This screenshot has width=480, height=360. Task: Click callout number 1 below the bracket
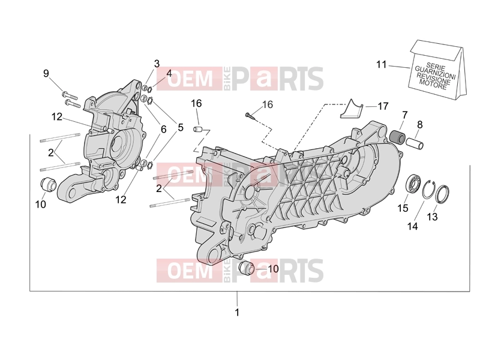[236, 313]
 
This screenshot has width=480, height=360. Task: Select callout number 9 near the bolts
[46, 73]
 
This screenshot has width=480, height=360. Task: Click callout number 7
[404, 116]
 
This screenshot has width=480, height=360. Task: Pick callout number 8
[419, 125]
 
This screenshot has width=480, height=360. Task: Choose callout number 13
[432, 217]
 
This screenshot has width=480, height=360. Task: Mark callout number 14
[412, 227]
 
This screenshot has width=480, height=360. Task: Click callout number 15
[403, 208]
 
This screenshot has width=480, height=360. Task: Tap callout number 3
[157, 64]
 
